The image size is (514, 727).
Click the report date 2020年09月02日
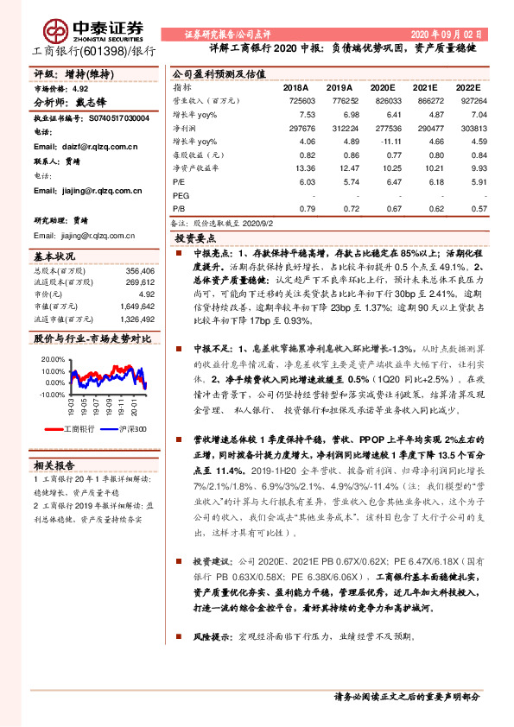click(451, 34)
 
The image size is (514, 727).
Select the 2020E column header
click(383, 88)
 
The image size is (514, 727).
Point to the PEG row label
click(181, 196)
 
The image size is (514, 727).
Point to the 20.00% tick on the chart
click(53, 357)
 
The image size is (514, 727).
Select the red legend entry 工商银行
click(78, 429)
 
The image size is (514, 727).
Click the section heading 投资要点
click(196, 237)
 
